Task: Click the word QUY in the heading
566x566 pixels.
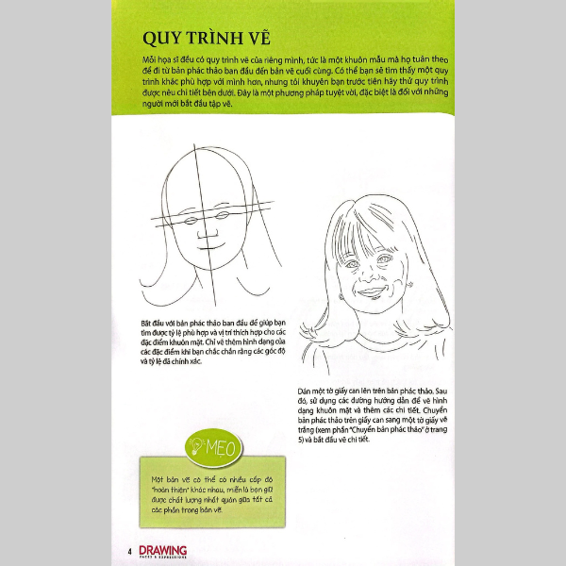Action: [x=161, y=42]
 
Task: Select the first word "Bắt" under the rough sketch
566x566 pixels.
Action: [x=147, y=326]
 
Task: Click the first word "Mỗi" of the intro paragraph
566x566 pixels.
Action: [x=146, y=60]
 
